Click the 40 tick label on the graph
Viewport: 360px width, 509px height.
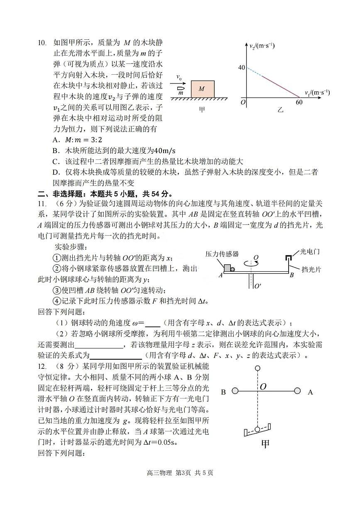click(x=242, y=68)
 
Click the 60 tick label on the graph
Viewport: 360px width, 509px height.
click(x=299, y=102)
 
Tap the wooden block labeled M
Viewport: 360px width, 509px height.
click(x=202, y=89)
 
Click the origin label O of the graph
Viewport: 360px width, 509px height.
click(x=243, y=102)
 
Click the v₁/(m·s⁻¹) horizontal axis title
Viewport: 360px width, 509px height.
click(x=317, y=93)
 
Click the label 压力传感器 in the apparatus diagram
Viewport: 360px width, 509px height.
click(x=222, y=254)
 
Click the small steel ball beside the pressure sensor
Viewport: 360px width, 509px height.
click(x=233, y=269)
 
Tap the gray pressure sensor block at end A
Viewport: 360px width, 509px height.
click(x=227, y=268)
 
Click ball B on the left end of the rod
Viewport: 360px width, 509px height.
click(x=235, y=391)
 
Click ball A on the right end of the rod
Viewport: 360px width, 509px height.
click(x=297, y=391)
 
